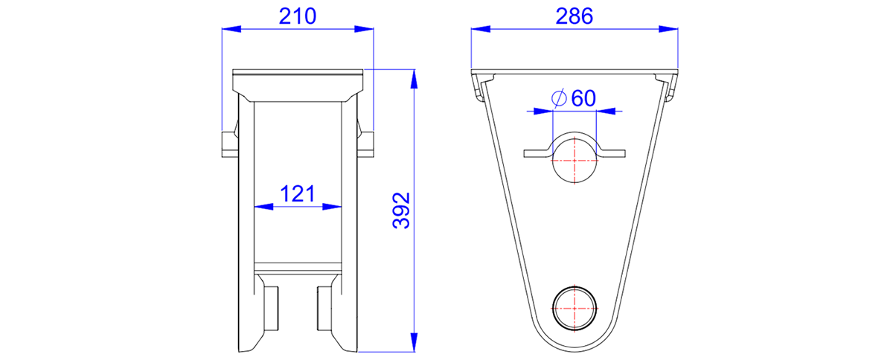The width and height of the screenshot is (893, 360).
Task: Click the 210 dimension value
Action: [x=298, y=17]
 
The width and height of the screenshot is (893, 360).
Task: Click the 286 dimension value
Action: [x=574, y=17]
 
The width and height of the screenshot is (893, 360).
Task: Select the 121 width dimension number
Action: [x=298, y=193]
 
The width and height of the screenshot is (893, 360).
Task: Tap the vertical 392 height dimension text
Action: [x=401, y=210]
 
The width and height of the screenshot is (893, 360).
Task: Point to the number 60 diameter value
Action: [x=583, y=98]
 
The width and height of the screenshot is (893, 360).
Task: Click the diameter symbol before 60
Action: [x=559, y=98]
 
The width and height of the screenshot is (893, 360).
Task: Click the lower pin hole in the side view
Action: [x=574, y=308]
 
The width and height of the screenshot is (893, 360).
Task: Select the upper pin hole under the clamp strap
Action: [x=574, y=161]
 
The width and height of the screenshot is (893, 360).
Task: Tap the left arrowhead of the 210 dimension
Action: [x=231, y=29]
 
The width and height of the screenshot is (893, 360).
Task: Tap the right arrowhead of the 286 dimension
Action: [x=668, y=29]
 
